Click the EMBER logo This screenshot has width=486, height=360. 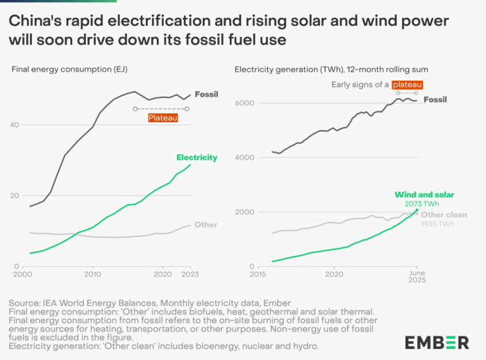click(437, 341)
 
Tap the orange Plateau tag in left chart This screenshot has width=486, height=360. click(162, 118)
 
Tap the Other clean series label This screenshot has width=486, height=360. click(444, 215)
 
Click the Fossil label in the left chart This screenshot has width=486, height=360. click(206, 94)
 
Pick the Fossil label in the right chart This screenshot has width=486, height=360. click(435, 99)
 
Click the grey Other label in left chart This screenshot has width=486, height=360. click(206, 224)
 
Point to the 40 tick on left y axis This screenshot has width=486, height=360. click(15, 124)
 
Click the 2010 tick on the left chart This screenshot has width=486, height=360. click(92, 275)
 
